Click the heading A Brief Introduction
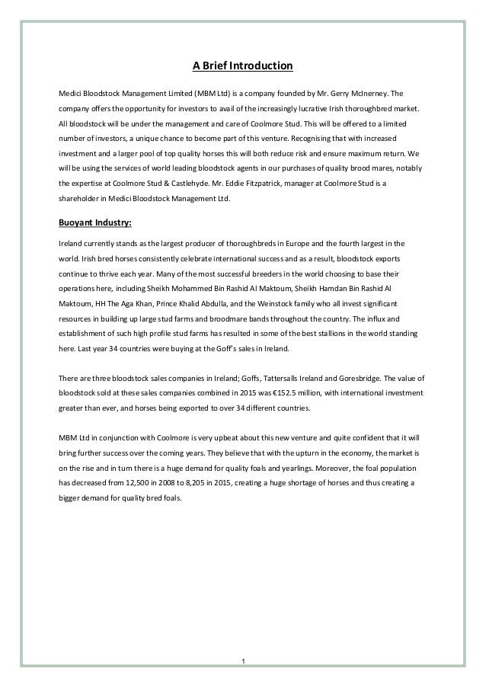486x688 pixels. click(242, 66)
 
